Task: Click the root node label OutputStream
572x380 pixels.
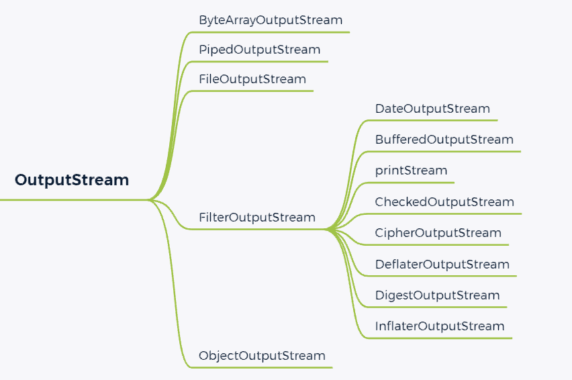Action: pos(72,180)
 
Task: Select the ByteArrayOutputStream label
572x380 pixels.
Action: pos(271,19)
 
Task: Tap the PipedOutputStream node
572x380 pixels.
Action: pos(259,49)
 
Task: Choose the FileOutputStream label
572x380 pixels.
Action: pos(252,79)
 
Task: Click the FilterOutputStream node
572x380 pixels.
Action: pos(257,218)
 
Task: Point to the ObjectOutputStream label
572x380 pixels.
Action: pos(262,356)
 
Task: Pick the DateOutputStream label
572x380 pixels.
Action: pos(432,109)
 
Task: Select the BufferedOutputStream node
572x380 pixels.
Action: pos(444,140)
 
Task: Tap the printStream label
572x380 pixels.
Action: pos(411,171)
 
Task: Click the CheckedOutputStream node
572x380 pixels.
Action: pos(444,202)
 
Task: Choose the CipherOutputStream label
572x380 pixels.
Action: pos(438,233)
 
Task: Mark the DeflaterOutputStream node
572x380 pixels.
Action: pos(442,265)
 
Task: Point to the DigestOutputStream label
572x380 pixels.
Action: pos(438,295)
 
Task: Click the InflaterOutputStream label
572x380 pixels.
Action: pos(440,326)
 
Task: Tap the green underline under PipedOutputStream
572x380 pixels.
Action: pos(262,62)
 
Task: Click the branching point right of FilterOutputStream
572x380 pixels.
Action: pos(328,230)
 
